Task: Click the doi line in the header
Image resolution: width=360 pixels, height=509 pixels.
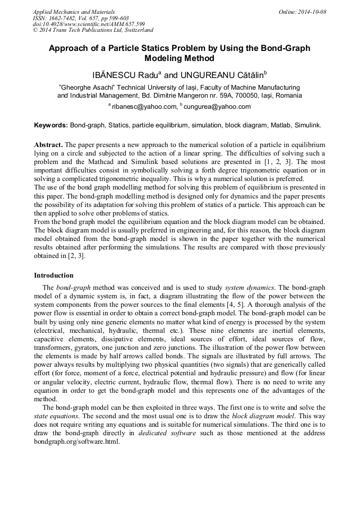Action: tap(89, 24)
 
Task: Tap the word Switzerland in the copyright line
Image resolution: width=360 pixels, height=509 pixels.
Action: tap(136, 31)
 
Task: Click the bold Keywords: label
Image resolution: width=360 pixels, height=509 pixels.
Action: tap(51, 126)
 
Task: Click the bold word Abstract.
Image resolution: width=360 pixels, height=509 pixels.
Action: tap(48, 145)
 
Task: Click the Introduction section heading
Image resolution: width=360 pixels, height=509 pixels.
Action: tap(54, 275)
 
